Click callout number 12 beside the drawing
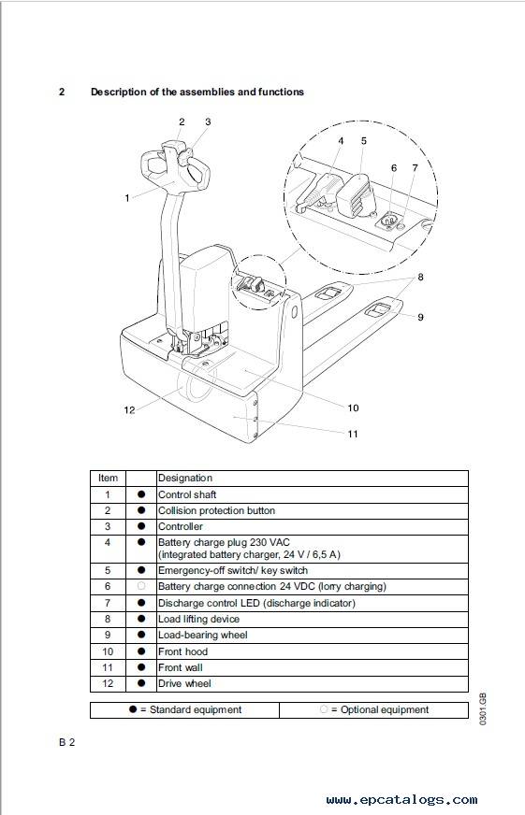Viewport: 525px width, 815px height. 129,410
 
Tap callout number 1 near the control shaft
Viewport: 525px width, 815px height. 127,198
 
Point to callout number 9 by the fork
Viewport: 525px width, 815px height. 420,317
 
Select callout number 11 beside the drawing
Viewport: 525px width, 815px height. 353,434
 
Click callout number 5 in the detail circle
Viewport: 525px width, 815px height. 364,141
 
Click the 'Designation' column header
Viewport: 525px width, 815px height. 185,479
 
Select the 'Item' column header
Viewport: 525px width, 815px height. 108,479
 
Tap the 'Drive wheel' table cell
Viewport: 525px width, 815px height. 184,683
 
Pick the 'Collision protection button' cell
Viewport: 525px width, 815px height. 216,510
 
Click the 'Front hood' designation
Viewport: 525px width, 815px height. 182,651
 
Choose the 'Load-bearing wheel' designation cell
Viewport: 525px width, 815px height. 203,635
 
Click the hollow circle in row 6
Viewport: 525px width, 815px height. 141,586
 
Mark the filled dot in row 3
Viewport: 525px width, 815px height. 141,526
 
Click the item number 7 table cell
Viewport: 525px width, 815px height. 108,603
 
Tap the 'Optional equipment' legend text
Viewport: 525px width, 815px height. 385,710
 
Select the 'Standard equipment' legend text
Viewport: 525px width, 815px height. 196,710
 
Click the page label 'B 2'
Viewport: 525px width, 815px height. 67,742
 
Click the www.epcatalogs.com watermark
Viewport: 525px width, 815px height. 401,799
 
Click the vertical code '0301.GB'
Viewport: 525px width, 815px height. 482,709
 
